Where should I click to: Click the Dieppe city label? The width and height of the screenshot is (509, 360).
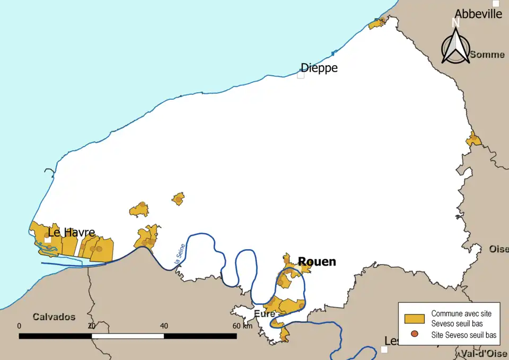coord(319,68)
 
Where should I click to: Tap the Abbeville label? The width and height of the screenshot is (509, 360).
coord(478,14)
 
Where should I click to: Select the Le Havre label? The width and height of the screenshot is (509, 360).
coord(72,232)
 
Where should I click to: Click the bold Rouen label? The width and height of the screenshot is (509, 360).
coord(317,261)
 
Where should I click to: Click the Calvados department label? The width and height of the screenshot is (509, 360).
coord(54,317)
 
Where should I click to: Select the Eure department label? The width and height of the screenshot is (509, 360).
coord(264,314)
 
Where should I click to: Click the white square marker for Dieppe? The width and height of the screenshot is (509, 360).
coord(301,75)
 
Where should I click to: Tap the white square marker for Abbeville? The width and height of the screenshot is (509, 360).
coord(496,3)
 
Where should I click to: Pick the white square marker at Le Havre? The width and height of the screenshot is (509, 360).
coord(48,240)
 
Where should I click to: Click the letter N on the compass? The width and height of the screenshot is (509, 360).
coord(454,22)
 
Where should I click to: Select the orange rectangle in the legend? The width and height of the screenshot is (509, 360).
coord(415,319)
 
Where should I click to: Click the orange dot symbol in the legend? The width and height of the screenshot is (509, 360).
coord(415,335)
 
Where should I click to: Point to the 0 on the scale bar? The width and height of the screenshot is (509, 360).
coord(19,326)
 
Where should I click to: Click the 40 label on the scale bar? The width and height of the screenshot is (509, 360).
coord(163,326)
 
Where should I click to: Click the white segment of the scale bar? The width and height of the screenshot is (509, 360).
coord(127,336)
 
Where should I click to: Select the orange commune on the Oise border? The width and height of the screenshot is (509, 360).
coord(473,140)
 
